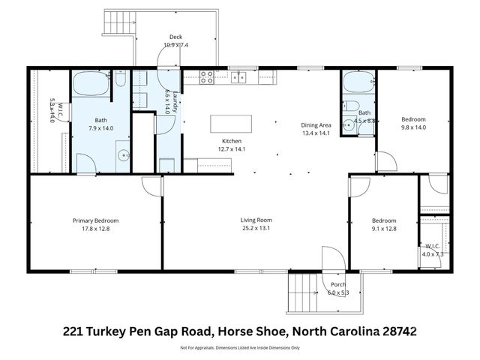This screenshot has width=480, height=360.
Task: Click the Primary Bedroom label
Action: [x=95, y=220]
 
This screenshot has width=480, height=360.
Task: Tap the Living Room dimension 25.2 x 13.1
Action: [x=255, y=228]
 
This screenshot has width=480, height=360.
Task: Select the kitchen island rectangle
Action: [x=229, y=123]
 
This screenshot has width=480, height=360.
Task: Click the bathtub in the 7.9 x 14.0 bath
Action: [x=91, y=82]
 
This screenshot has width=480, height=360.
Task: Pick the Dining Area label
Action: [x=316, y=126]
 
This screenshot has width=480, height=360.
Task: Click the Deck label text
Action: [x=175, y=37]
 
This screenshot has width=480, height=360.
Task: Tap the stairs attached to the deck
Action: [x=118, y=23]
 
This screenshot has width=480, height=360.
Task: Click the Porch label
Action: [x=338, y=284]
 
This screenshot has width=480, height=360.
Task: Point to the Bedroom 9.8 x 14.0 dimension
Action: [x=413, y=127]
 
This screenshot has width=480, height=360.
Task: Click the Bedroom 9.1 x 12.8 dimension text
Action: [x=384, y=228]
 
